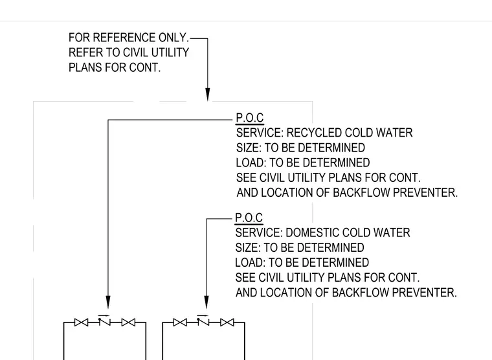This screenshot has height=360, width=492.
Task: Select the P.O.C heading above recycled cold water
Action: coord(249,118)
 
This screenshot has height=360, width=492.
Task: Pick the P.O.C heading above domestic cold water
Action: coord(249,218)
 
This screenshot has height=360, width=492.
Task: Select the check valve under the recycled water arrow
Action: coord(104,321)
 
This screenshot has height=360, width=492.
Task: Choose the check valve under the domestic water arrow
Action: coord(203,321)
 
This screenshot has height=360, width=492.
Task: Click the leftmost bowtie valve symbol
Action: coord(82,322)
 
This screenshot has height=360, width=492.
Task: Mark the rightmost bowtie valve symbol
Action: coord(227,322)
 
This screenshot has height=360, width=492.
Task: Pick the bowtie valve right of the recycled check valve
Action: coord(128,322)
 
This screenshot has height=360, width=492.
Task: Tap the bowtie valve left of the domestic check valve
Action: coord(180,322)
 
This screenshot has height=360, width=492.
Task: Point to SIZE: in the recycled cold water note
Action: coord(249,148)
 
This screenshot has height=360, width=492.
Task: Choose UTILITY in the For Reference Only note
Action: coord(170,52)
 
